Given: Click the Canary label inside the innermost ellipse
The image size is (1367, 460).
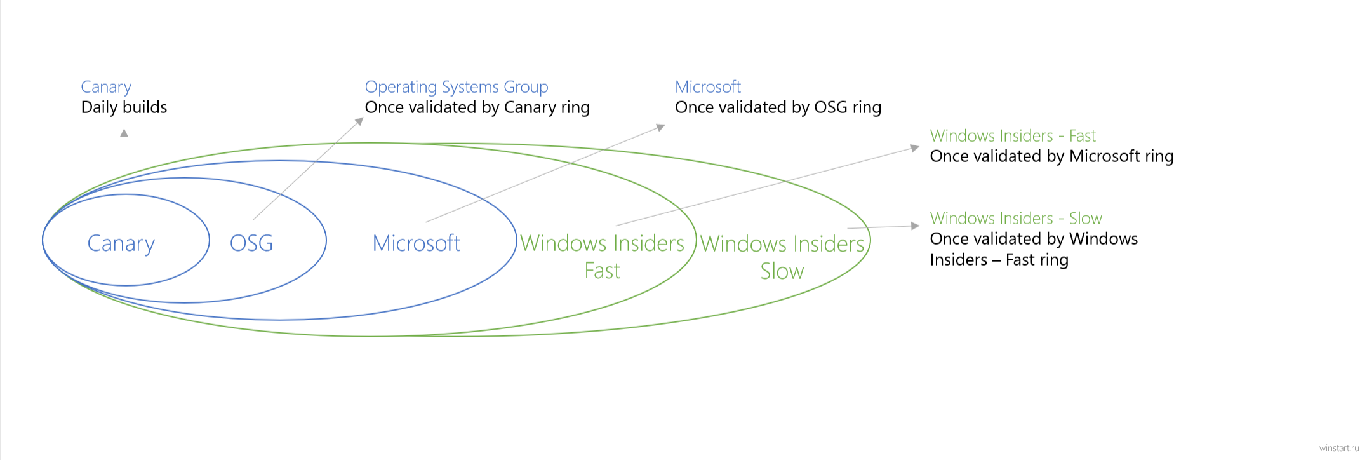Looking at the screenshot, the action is coord(121,244).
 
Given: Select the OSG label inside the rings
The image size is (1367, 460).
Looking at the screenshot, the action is coord(251,243).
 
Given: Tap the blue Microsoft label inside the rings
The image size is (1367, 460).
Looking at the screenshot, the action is coord(417,243).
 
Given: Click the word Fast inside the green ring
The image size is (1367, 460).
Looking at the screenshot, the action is coord(603,271).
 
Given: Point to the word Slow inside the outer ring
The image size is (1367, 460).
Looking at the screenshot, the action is coord(782,271).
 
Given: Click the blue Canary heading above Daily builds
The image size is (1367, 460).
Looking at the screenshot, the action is coord(106,87).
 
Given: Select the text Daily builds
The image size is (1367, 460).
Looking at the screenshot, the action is coord(124,107).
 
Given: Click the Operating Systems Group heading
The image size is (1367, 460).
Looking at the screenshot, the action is coord(457,87).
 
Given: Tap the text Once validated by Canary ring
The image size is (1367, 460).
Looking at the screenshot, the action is coord(477,107).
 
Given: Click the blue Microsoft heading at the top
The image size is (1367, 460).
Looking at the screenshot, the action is coord(708,86).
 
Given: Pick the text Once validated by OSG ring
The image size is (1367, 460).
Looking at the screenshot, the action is coord(778,107).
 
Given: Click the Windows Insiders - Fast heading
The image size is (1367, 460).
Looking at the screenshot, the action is coord(1013,136).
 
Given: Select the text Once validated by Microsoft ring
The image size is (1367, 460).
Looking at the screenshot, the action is coord(1052,156).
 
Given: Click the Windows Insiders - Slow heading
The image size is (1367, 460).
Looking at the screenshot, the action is coord(1016,219).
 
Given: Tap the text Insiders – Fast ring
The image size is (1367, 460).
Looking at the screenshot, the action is coord(999,260).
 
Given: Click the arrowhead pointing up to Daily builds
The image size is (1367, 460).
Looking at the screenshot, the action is coord(124,133).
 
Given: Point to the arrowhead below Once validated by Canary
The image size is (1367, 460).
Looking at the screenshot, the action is coord(359,121).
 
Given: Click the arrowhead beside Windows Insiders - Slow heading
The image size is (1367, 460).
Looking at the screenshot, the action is coord(916,226).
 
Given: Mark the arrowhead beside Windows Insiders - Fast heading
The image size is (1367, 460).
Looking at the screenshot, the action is coord(916,148).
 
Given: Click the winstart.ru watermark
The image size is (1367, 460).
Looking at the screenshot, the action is coord(1339,449).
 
